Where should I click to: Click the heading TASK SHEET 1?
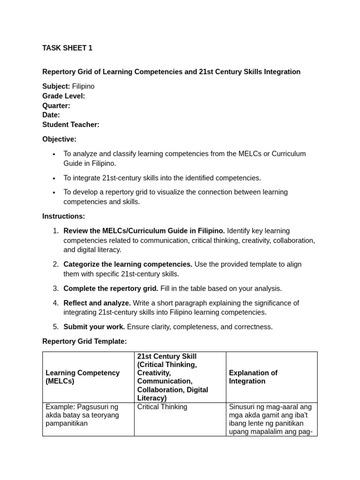(67, 48)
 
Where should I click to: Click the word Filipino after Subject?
(83, 86)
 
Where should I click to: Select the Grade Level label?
(64, 96)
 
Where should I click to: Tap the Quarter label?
(56, 105)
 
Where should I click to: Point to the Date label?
(51, 115)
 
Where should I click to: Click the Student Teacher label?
(71, 125)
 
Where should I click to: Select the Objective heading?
(59, 139)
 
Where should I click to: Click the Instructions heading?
(64, 216)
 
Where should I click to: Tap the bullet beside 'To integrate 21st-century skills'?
(54, 178)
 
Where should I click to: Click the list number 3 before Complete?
(56, 288)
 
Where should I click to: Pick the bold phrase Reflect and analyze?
(97, 303)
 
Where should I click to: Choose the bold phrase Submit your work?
(94, 327)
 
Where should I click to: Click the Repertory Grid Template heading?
(84, 341)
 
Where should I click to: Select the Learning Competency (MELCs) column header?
(82, 377)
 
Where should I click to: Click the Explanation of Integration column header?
(253, 377)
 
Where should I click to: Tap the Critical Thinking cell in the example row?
(162, 407)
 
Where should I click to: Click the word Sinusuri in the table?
(244, 407)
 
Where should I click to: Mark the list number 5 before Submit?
(56, 327)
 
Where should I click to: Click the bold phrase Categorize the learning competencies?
(128, 264)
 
